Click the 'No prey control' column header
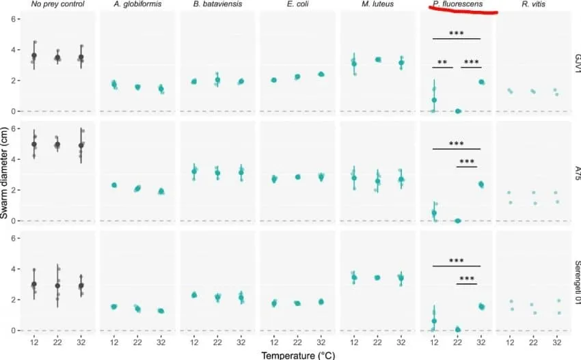point(58,4)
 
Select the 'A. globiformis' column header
point(137,4)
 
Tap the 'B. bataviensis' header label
point(217,4)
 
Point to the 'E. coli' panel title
point(297,4)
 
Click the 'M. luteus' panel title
point(377,4)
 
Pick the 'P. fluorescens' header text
point(457,4)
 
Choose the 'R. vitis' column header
point(534,4)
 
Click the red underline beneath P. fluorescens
point(463,11)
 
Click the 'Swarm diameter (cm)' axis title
point(5,174)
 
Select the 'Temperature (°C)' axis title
point(298,355)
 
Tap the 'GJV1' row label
point(577,64)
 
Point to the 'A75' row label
point(577,173)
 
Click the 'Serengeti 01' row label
point(577,283)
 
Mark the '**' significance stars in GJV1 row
point(442,63)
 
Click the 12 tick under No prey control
point(34,342)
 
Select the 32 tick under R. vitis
point(557,342)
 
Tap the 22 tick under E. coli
point(297,342)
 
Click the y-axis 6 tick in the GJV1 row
point(13,19)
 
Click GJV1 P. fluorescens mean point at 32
point(481,82)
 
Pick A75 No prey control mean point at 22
point(57,144)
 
